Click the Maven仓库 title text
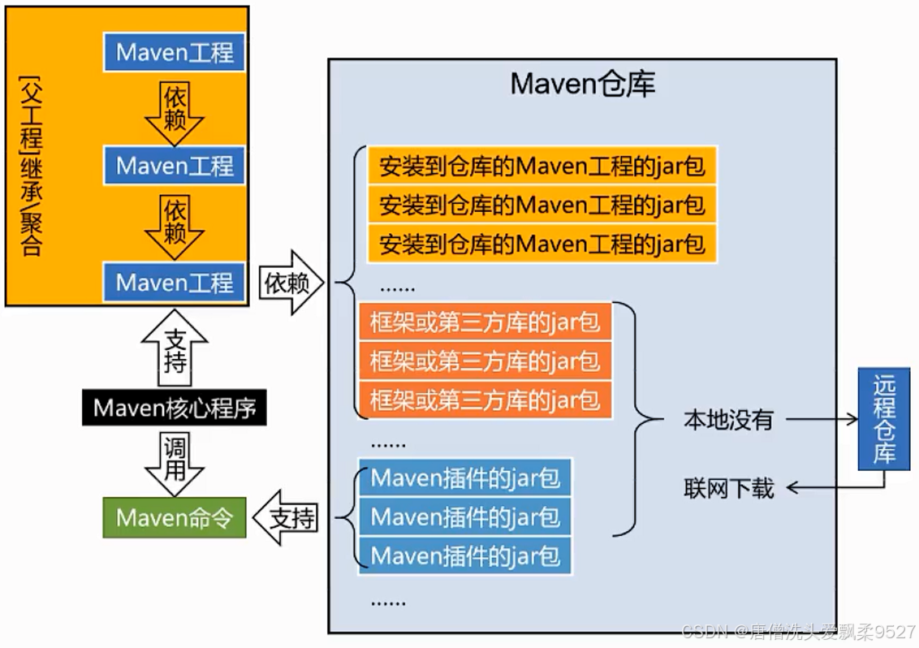point(582,84)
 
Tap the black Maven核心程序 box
point(175,408)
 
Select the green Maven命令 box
point(175,518)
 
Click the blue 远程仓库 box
point(884,419)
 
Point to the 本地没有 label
point(727,420)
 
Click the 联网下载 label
point(727,488)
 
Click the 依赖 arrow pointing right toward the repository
point(290,283)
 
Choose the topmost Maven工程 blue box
point(175,53)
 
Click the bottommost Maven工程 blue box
point(175,283)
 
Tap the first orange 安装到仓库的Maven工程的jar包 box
point(541,166)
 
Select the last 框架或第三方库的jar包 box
point(485,400)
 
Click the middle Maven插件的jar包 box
point(465,516)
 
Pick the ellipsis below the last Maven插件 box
point(388,603)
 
